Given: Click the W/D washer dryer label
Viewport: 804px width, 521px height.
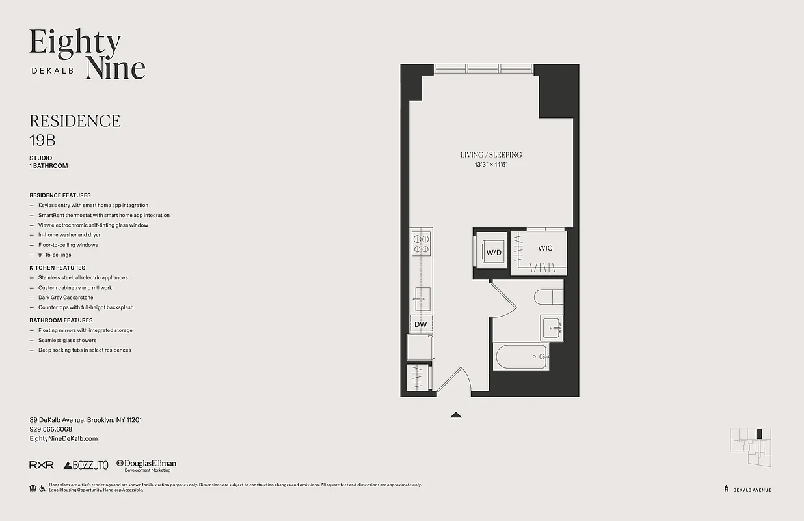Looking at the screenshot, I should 494,252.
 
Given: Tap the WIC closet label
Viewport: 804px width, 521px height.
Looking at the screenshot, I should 545,248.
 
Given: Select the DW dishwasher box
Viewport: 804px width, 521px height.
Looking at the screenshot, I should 420,324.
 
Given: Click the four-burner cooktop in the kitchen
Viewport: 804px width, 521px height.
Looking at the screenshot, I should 421,244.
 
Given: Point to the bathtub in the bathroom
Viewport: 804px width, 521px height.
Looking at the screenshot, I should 521,356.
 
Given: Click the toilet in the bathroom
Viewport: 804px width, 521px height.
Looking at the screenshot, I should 548,297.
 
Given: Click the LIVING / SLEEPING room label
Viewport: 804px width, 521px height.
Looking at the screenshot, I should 491,155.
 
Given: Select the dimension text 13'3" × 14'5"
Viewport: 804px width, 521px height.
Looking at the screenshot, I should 491,165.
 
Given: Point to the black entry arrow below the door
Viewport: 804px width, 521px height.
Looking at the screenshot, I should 456,414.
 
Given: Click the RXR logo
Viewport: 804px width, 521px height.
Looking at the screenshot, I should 42,465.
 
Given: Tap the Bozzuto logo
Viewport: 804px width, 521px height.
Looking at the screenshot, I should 86,465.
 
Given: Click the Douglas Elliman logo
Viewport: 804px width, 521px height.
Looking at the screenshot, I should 146,465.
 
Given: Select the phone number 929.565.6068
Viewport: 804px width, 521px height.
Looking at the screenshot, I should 51,429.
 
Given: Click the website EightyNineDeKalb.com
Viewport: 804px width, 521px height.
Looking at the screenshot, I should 64,439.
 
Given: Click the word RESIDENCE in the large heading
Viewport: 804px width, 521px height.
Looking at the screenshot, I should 75,121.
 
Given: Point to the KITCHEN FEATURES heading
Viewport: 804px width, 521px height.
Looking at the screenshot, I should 57,268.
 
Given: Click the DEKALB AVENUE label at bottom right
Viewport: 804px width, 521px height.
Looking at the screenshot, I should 752,490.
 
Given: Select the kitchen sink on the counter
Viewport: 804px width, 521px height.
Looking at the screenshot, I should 422,298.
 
